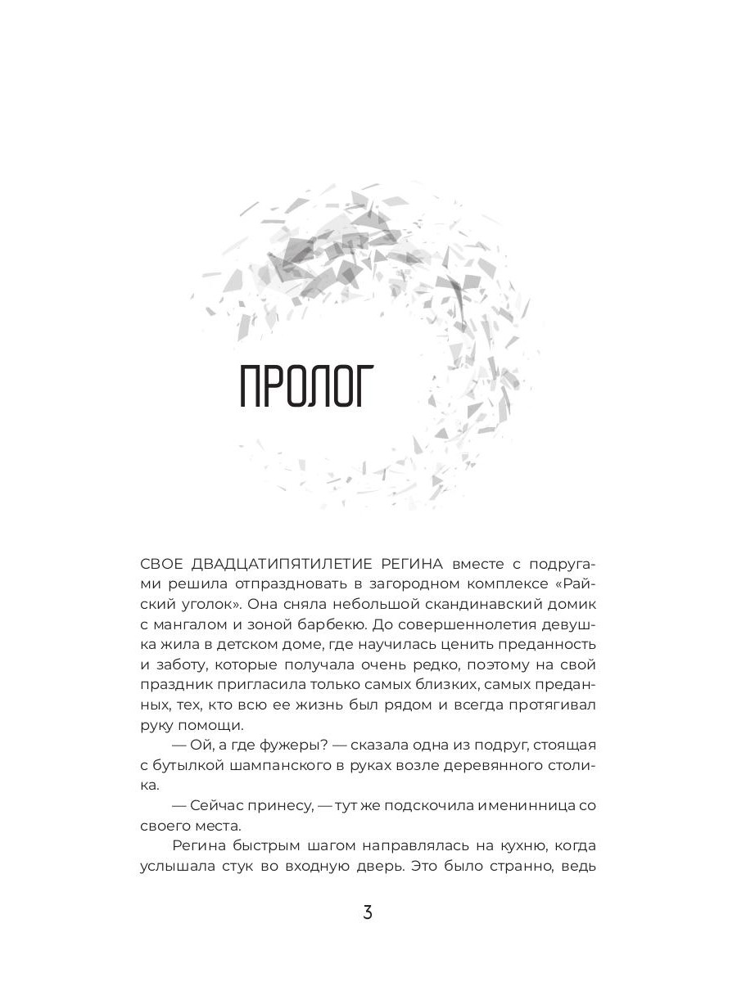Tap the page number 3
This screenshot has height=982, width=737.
[x=368, y=912]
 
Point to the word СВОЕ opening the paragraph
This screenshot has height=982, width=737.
[x=160, y=564]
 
